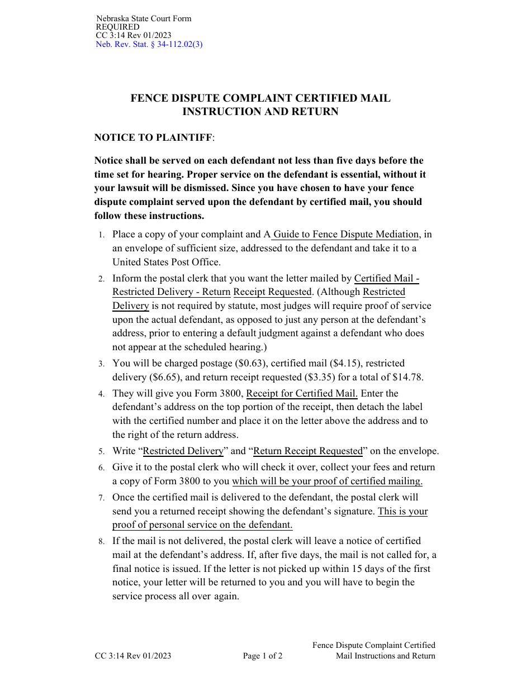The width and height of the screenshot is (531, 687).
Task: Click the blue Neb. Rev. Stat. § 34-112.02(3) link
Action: point(149,45)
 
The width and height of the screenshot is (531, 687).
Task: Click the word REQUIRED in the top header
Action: point(118,27)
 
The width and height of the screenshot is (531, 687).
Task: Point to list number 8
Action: point(101,542)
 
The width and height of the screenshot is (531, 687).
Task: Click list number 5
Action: point(101,452)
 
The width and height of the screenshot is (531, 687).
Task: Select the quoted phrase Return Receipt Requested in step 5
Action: point(308,451)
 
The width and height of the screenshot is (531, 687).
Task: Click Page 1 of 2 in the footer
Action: point(263,656)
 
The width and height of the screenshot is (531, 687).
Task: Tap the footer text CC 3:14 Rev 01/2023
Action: point(133,656)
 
